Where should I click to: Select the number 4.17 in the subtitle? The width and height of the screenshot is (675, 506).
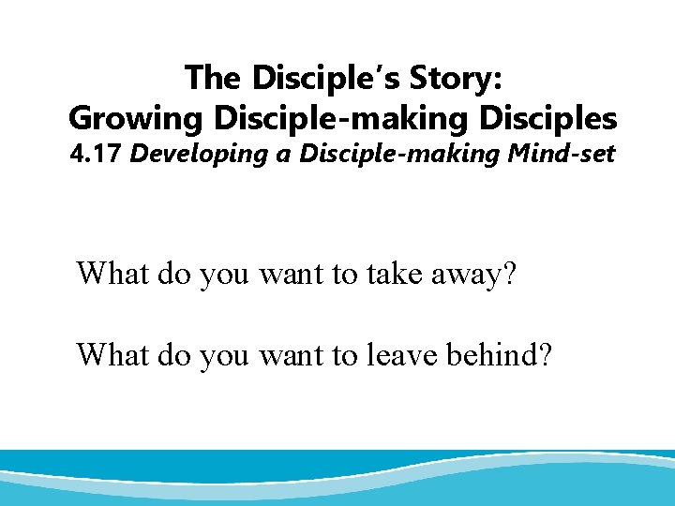click(x=97, y=154)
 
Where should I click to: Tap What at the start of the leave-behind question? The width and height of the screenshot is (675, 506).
click(x=112, y=355)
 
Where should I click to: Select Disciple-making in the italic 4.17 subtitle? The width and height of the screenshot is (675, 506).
click(x=385, y=154)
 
